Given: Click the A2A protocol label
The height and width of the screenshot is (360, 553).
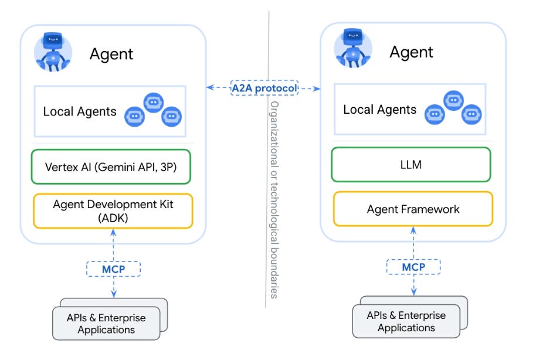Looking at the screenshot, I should pyautogui.click(x=264, y=88).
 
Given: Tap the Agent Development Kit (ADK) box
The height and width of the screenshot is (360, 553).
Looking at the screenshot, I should pyautogui.click(x=113, y=210).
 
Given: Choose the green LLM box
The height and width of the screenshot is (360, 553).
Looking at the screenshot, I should pyautogui.click(x=410, y=165).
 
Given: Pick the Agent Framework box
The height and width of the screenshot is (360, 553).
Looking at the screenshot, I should pyautogui.click(x=413, y=209).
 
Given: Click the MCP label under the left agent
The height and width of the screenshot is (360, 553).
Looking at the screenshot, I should pyautogui.click(x=113, y=269).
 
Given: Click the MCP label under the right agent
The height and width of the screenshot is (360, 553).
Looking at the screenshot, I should pyautogui.click(x=413, y=267).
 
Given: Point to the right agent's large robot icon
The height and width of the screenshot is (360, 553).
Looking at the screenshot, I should pyautogui.click(x=352, y=50).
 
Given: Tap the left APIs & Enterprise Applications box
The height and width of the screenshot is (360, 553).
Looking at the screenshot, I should pyautogui.click(x=106, y=323).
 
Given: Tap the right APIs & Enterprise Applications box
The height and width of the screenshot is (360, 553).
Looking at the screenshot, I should pyautogui.click(x=406, y=321).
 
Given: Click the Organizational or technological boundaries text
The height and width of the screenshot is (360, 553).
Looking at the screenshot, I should pyautogui.click(x=274, y=199).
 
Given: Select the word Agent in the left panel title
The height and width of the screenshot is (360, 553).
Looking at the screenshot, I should pyautogui.click(x=111, y=55).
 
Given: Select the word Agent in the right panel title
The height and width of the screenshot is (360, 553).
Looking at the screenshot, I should pyautogui.click(x=411, y=52).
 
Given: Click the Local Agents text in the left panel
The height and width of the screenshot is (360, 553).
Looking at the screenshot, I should pyautogui.click(x=80, y=111).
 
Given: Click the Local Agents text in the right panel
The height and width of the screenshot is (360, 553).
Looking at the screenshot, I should pyautogui.click(x=379, y=110).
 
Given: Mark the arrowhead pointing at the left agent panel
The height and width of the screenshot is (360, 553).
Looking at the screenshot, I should pyautogui.click(x=209, y=88).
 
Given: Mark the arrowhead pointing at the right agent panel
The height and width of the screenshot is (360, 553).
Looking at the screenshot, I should pyautogui.click(x=317, y=89).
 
